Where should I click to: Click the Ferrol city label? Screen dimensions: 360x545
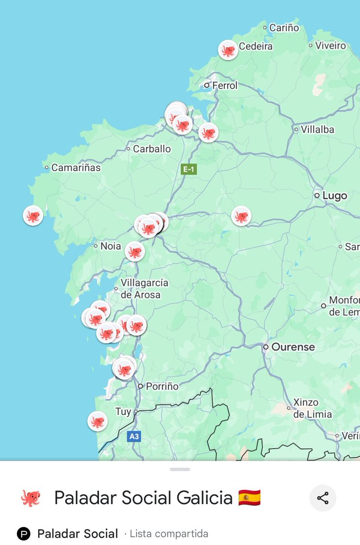[x=225, y=85]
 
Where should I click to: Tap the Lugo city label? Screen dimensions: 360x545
[x=335, y=196]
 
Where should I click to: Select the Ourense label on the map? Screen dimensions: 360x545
[x=293, y=347]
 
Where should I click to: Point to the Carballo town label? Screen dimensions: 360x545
[x=152, y=149]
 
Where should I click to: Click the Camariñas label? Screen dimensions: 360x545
[x=76, y=168]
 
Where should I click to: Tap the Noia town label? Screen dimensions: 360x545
[x=110, y=246]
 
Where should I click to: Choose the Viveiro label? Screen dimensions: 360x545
[x=330, y=45]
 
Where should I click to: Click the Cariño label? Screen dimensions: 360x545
[x=284, y=28]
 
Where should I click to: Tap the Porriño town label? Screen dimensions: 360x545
[x=162, y=386]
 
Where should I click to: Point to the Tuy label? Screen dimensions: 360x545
[x=123, y=412]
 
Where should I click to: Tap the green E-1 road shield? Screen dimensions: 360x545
[x=188, y=169]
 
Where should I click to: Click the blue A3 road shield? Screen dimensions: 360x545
[x=133, y=436]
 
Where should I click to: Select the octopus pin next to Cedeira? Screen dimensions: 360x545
[x=228, y=50]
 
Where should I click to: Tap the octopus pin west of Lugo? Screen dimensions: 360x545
[x=241, y=216]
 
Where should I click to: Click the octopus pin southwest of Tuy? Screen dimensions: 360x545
[x=97, y=421]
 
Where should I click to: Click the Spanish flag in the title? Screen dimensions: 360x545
[x=249, y=498]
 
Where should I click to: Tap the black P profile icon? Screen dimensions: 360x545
[x=24, y=534]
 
